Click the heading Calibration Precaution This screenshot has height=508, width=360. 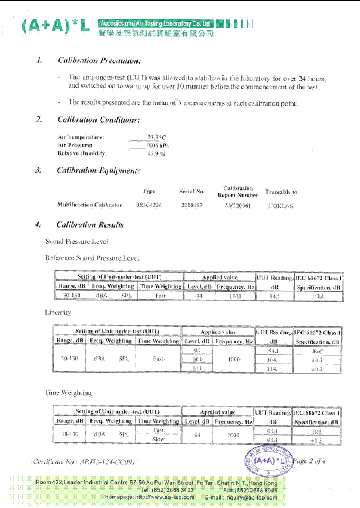[x=99, y=60]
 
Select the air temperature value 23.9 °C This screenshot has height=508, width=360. [x=157, y=137]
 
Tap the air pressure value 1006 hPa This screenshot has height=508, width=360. [x=158, y=145]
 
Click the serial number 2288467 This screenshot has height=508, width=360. [x=192, y=206]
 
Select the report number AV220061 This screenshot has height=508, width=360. [x=238, y=206]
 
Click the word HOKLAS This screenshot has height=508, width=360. [x=281, y=206]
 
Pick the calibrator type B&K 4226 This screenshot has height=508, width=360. [x=149, y=206]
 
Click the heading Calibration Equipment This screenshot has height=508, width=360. [x=98, y=170]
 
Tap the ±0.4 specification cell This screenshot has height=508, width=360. [x=318, y=296]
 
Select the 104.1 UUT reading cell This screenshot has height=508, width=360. [x=274, y=360]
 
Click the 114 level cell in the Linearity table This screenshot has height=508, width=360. [x=197, y=369]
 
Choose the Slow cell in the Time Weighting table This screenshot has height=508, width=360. [x=158, y=439]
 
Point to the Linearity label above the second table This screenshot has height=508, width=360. [x=58, y=312]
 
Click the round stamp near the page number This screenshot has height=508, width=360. [x=269, y=460]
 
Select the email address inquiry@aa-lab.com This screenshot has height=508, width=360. [x=250, y=497]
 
